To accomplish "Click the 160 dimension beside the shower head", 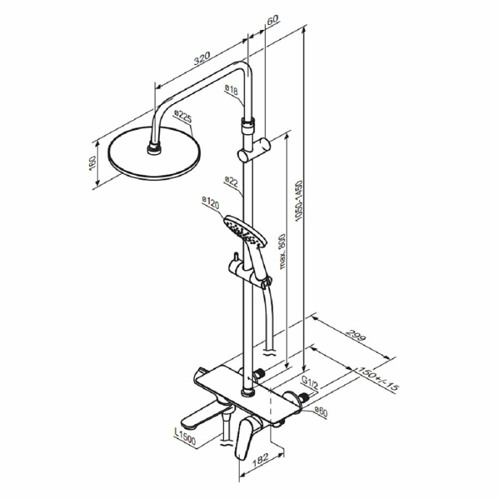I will click(x=92, y=161).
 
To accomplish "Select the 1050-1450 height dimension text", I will click(x=309, y=200).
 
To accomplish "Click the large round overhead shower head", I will click(x=154, y=155).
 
